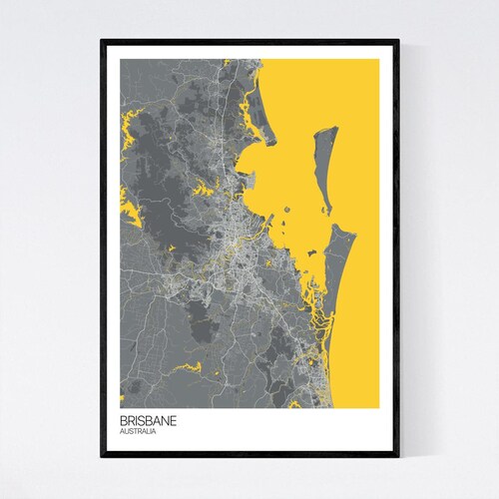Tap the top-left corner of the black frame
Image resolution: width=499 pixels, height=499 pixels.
pyautogui.click(x=102, y=41)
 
